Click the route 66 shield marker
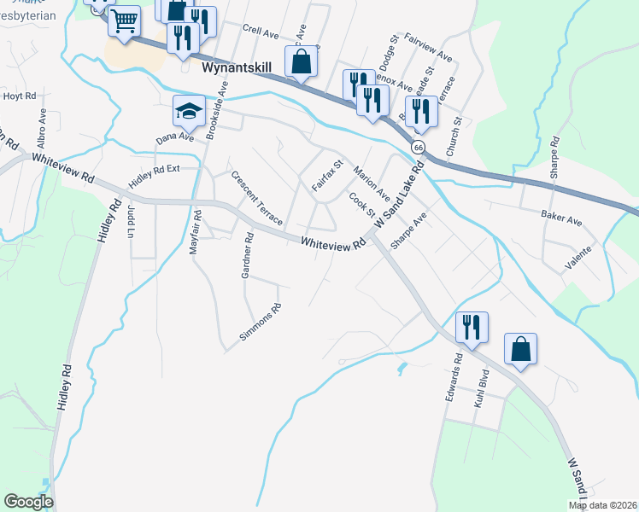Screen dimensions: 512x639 pyautogui.click(x=417, y=147)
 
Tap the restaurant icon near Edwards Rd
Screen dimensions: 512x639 pyautogui.click(x=471, y=327)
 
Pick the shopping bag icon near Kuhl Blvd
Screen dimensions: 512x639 pyautogui.click(x=519, y=349)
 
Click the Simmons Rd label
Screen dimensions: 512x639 pyautogui.click(x=261, y=323)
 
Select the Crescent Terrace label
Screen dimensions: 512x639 pyautogui.click(x=256, y=198)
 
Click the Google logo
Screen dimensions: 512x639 pyautogui.click(x=28, y=502)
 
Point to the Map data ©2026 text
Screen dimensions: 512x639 pyautogui.click(x=602, y=505)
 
